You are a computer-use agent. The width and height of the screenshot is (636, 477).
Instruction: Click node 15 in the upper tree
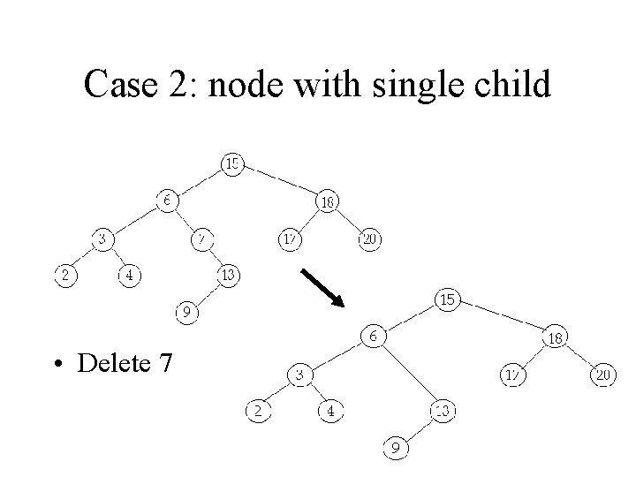click(232, 163)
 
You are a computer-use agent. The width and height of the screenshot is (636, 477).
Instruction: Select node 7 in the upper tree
click(202, 238)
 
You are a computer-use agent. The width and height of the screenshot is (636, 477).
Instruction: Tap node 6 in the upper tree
click(167, 201)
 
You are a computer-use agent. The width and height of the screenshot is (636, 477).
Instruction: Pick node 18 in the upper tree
click(327, 201)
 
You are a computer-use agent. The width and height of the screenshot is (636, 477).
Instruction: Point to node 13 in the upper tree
click(228, 276)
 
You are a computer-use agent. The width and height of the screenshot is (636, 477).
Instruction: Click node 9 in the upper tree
click(185, 312)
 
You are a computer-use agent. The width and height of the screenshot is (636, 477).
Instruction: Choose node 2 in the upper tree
click(64, 276)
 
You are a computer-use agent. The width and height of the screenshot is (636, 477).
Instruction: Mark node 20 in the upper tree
click(371, 238)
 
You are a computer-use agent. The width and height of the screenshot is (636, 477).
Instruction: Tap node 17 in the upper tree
click(290, 238)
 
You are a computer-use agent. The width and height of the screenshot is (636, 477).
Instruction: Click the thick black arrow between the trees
click(322, 287)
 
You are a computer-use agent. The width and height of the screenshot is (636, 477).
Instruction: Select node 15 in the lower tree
click(448, 300)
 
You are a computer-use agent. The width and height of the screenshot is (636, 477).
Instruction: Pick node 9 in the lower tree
click(397, 448)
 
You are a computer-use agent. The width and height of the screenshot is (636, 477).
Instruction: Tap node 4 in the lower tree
click(329, 411)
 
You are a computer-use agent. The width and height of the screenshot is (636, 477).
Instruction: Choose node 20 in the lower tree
click(604, 375)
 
